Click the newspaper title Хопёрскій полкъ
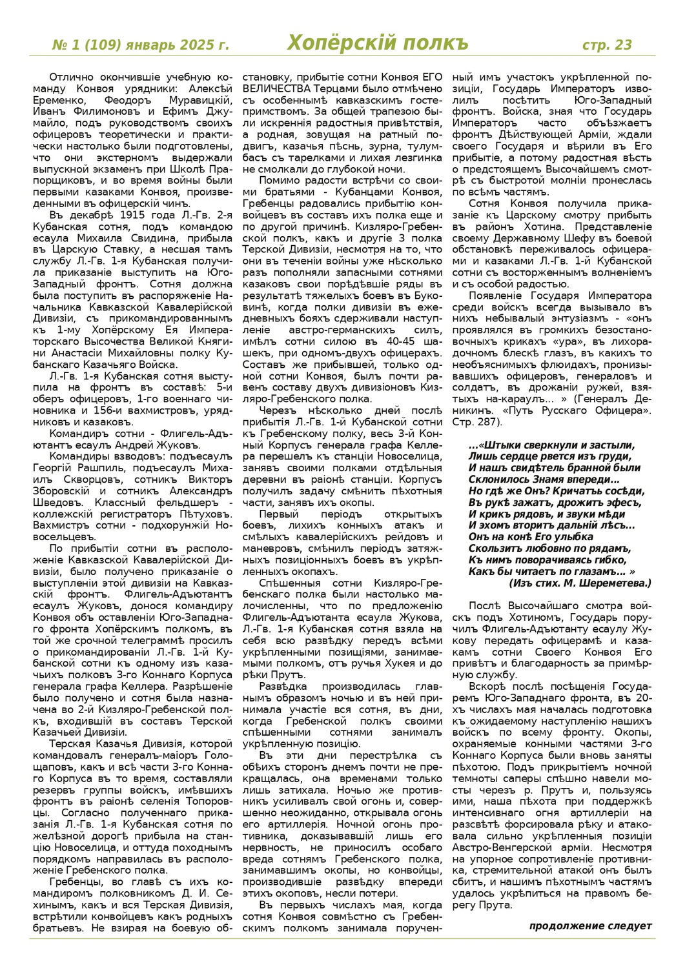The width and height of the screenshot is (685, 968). pos(377,43)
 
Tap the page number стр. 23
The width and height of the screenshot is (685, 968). pos(607,45)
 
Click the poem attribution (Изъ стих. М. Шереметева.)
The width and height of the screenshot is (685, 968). pos(580,583)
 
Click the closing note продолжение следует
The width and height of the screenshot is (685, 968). pos(590,925)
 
